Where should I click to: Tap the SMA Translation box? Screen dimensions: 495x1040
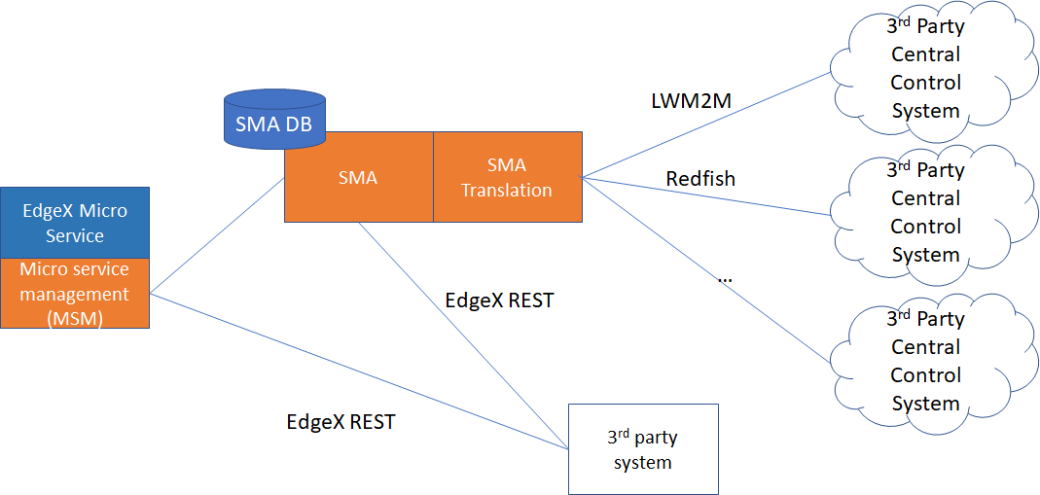(507, 177)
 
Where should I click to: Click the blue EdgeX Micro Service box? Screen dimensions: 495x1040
(75, 223)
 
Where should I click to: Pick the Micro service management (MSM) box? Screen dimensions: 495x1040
(75, 293)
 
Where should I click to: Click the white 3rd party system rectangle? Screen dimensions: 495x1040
(642, 448)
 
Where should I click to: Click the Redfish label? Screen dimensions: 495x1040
(700, 179)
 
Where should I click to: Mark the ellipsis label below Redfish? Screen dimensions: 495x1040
(725, 279)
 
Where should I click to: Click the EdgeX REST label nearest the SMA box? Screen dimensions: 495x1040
(499, 301)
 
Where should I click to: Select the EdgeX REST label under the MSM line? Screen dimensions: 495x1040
(341, 423)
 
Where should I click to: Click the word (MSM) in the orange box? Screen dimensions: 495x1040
(75, 317)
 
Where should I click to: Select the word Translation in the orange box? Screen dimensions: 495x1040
(507, 191)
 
